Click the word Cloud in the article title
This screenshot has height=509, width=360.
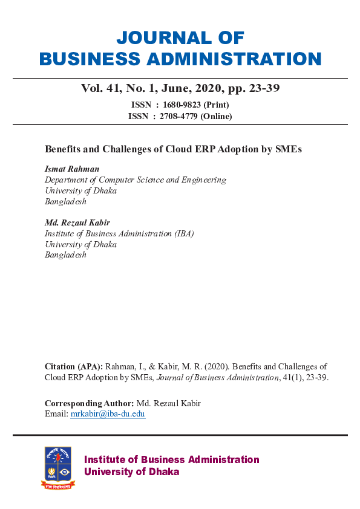(182, 149)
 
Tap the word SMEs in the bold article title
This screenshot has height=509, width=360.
(289, 149)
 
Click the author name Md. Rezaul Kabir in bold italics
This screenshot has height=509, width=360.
(77, 222)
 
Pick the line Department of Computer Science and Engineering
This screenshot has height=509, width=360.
(136, 180)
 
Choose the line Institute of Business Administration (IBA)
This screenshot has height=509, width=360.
(119, 233)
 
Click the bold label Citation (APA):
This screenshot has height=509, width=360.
(74, 366)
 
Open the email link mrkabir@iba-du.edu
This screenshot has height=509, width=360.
(108, 414)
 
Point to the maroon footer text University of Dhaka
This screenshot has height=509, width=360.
(131, 472)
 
